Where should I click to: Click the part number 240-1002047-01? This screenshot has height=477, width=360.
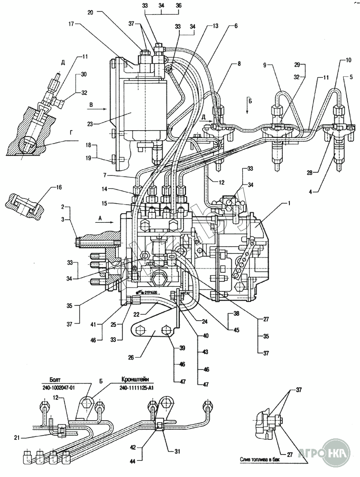click(55, 388)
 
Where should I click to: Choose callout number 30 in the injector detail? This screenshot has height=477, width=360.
click(84, 74)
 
